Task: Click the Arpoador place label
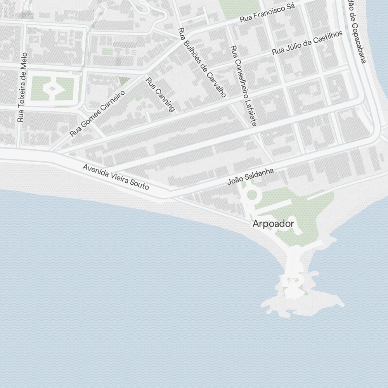(273, 224)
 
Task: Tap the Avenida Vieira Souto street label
(116, 177)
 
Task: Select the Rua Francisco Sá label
(267, 12)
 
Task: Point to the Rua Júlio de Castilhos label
(307, 42)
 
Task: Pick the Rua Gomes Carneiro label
(97, 113)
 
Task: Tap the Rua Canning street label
(160, 95)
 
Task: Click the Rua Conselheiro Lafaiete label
(243, 86)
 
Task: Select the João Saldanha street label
(251, 177)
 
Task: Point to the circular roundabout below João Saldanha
(252, 195)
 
